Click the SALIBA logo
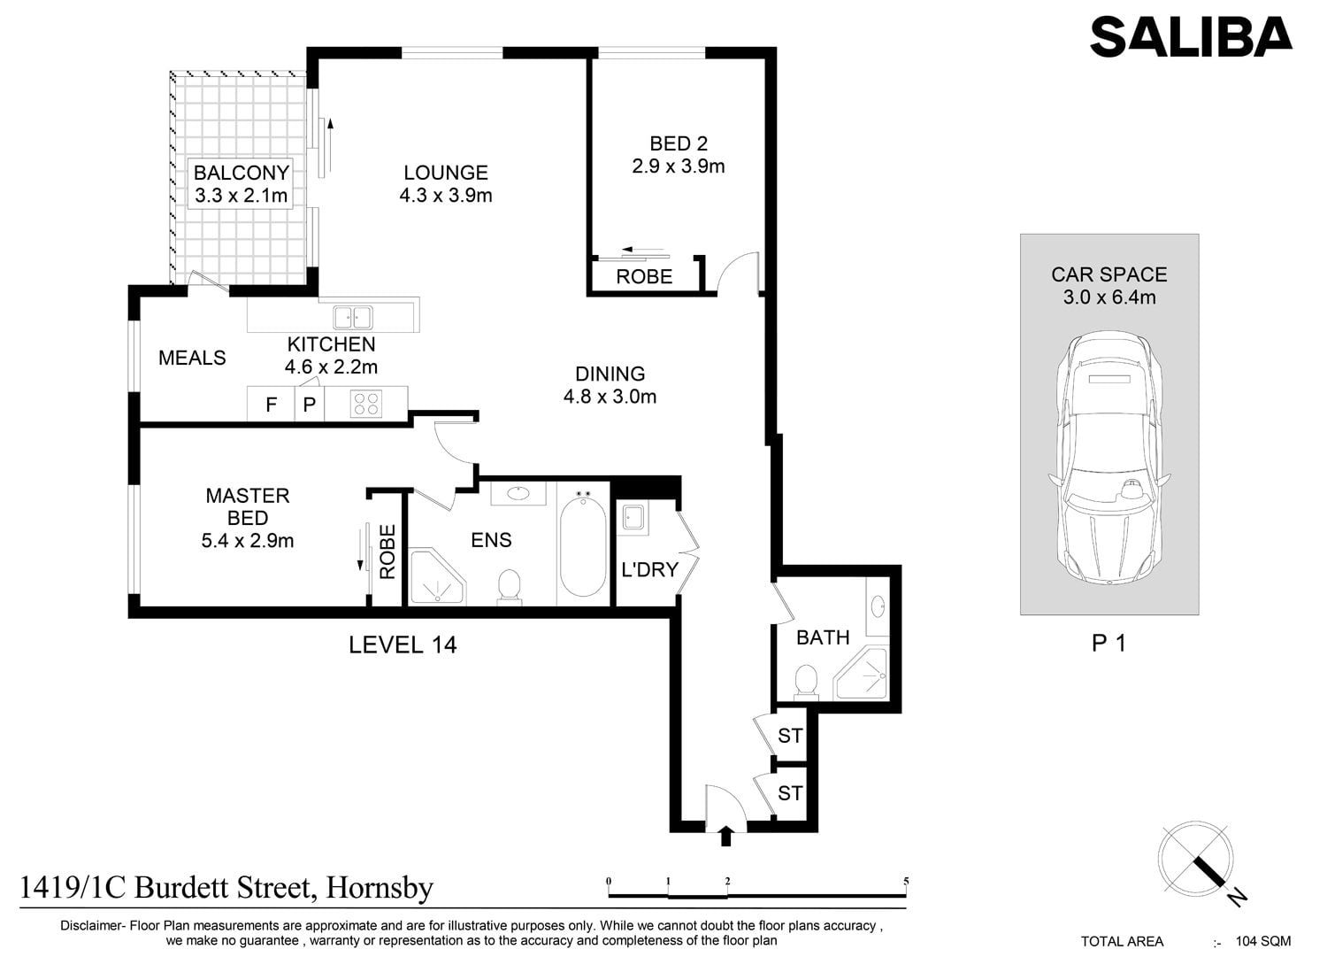pos(1191,37)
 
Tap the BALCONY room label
pos(242,173)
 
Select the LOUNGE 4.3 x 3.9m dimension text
pos(446,195)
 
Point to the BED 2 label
pos(679,143)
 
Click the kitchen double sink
pos(352,317)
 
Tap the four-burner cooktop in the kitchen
pos(366,404)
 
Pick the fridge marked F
pos(271,404)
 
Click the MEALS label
pos(192,358)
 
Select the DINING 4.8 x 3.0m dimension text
pos(610,396)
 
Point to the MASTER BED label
pos(248,506)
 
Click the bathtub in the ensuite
pos(583,544)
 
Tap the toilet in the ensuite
pos(510,587)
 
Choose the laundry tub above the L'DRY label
pos(633,518)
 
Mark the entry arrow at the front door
pos(725,836)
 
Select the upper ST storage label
pos(790,736)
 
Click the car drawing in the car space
pos(1109,459)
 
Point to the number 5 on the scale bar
pos(906,882)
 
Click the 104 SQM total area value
pos(1263,942)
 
